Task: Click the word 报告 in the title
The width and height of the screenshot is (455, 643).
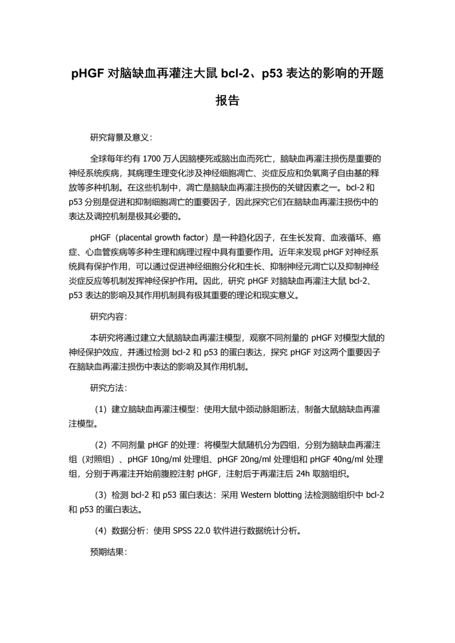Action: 227,101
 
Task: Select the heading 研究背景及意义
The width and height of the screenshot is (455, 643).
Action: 119,138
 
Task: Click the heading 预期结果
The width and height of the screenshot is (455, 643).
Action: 107,551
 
